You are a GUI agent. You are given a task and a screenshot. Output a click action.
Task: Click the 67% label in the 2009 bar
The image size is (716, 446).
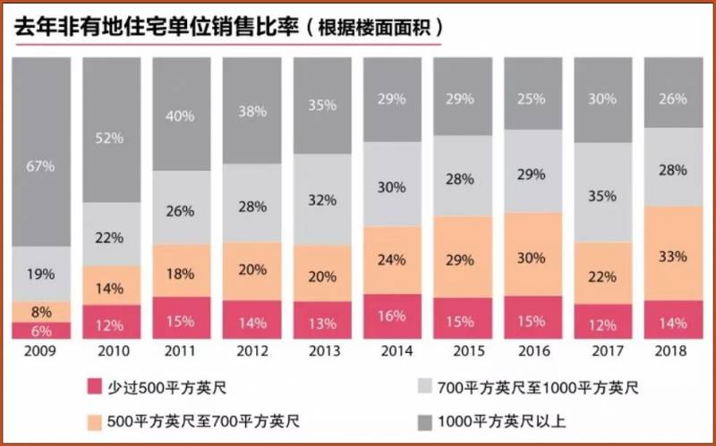(x=41, y=166)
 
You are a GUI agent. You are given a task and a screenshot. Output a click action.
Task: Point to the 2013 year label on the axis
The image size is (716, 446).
(x=323, y=351)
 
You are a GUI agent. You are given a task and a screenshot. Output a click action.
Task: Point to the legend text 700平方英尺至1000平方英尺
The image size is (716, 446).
(x=536, y=386)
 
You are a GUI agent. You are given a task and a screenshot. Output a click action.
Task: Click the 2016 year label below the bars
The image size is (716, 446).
(x=533, y=351)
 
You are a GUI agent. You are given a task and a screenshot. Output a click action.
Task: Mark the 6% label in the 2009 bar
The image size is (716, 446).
(x=41, y=330)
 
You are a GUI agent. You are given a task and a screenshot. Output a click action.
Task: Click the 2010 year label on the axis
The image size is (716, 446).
(x=112, y=351)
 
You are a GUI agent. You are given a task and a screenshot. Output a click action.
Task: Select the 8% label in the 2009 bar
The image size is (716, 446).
(x=41, y=312)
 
